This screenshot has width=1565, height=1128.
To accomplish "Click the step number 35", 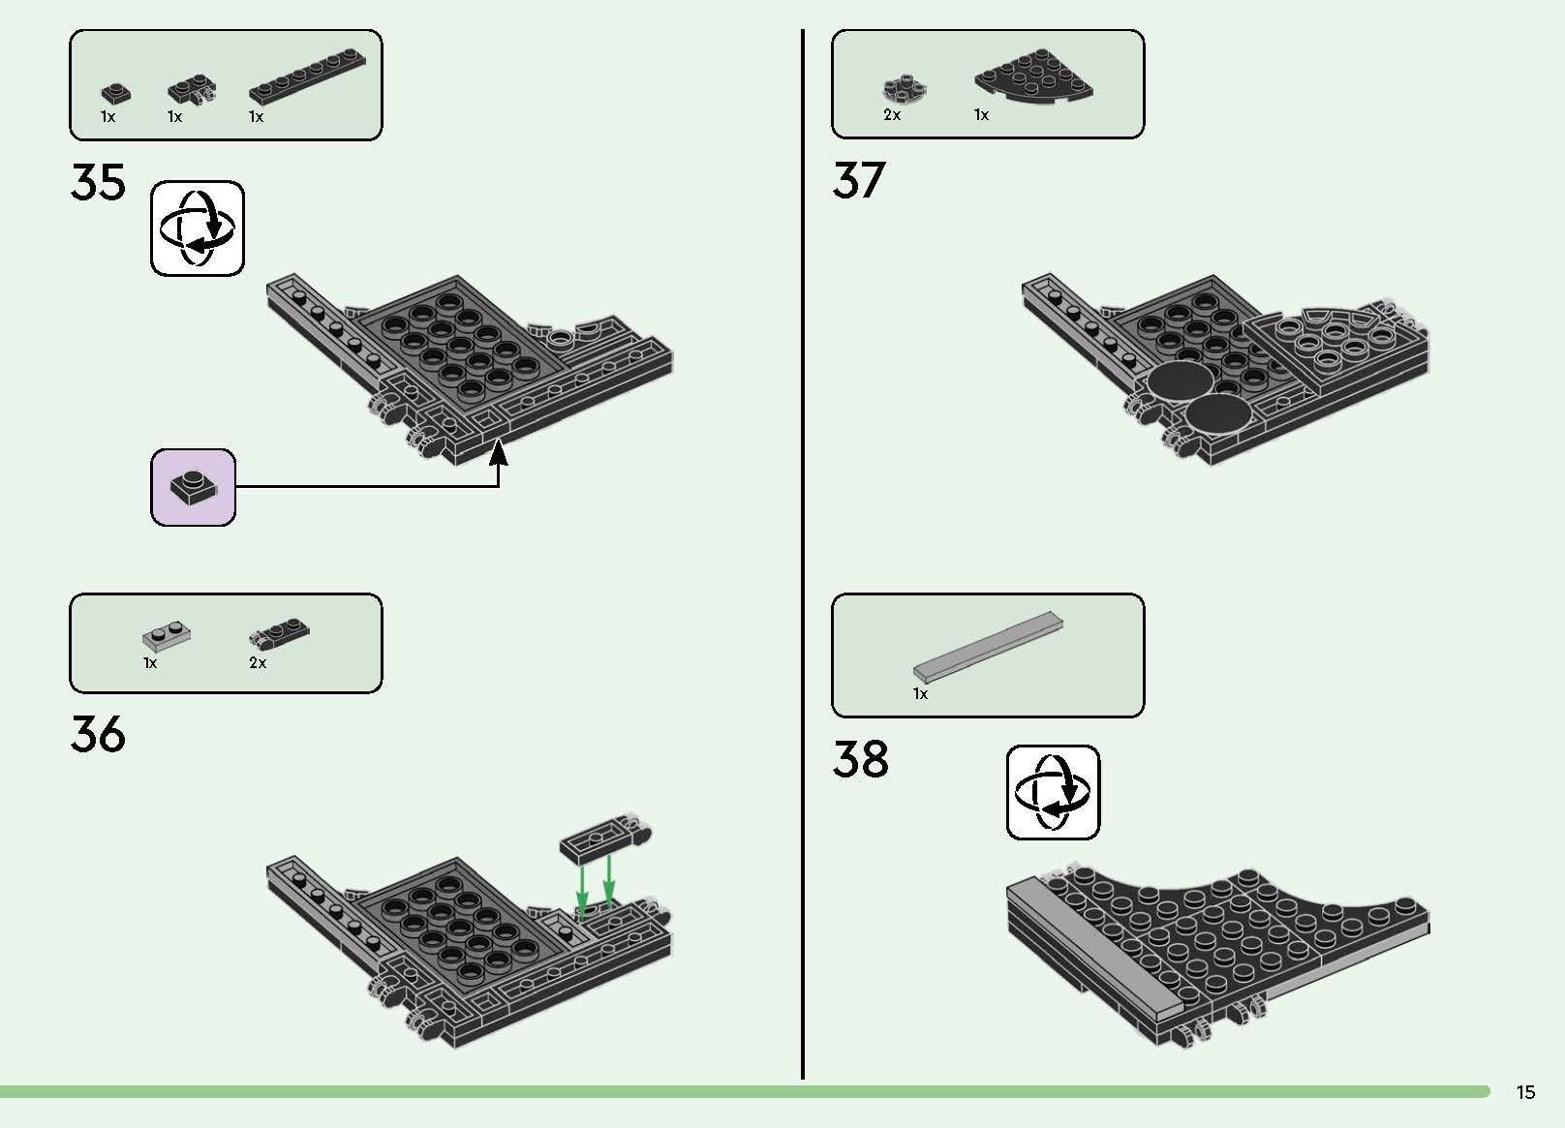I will click(x=98, y=183).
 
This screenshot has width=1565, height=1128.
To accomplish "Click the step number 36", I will click(x=98, y=735).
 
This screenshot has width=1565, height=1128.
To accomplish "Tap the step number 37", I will click(x=859, y=181).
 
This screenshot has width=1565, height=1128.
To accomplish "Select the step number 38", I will click(x=860, y=760).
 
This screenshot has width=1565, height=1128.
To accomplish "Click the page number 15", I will click(x=1525, y=1093).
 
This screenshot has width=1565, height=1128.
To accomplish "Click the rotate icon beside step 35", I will click(x=198, y=229).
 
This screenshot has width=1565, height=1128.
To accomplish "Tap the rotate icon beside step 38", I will click(x=1053, y=792).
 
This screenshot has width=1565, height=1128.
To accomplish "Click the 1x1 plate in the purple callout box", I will click(x=193, y=487).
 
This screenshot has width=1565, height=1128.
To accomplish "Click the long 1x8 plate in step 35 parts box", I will click(x=308, y=79).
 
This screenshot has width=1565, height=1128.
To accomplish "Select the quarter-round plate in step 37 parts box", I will click(x=1034, y=76).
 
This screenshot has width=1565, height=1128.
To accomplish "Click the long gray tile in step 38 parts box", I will click(x=988, y=647).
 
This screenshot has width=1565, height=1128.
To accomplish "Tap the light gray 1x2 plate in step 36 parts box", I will click(x=166, y=635).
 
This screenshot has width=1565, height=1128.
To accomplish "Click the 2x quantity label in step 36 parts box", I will click(x=258, y=663).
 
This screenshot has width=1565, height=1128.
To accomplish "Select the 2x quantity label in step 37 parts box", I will click(x=892, y=115).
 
